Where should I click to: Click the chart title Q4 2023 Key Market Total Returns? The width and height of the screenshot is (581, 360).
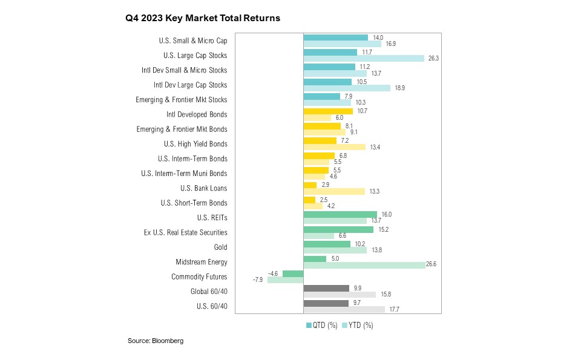point(203,18)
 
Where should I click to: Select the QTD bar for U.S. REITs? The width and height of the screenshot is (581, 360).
point(340,215)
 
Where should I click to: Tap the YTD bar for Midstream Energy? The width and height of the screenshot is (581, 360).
point(364,265)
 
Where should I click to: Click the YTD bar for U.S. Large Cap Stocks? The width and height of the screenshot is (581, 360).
point(363,59)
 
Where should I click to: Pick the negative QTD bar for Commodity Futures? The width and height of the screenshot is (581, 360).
point(293,273)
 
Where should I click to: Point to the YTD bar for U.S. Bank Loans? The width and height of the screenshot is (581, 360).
point(333,191)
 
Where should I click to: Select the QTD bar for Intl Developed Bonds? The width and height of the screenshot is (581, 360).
point(327,111)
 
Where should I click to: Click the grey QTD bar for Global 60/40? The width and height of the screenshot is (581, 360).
point(326,289)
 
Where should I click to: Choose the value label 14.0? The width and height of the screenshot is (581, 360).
point(378,37)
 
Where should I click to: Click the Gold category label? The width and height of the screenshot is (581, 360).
point(221,247)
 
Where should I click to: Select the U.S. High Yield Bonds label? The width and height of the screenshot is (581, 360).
point(195,144)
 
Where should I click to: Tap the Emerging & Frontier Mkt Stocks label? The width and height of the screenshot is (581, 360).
point(182,100)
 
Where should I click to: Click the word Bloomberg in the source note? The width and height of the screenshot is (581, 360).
point(168,341)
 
